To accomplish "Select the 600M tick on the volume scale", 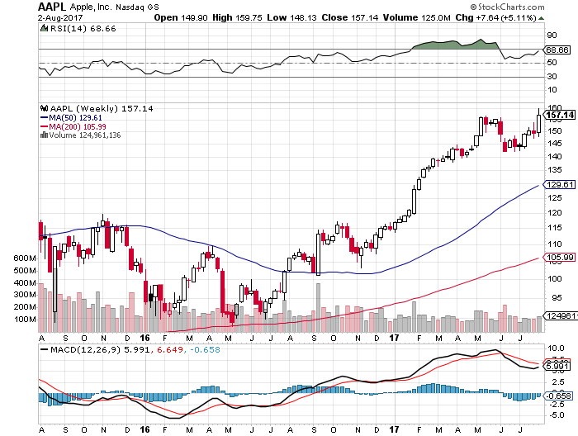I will (23, 258).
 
